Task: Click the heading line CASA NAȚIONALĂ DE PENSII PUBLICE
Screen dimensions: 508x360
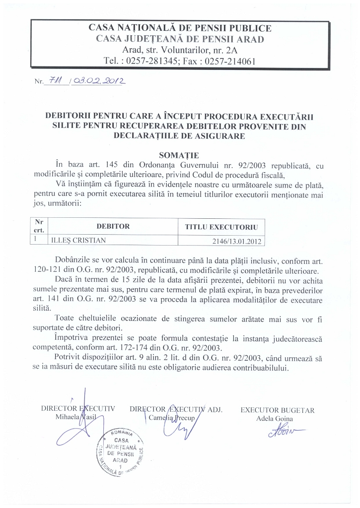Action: pos(180,28)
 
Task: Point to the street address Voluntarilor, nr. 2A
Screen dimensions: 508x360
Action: pos(191,50)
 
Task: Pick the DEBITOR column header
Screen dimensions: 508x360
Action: pos(113,226)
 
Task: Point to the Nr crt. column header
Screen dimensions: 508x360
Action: pos(38,227)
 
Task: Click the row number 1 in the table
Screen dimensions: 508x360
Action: pos(36,240)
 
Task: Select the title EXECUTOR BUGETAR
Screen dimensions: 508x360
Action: pos(277,410)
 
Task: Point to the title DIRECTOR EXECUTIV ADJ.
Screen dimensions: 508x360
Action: pos(175,410)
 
